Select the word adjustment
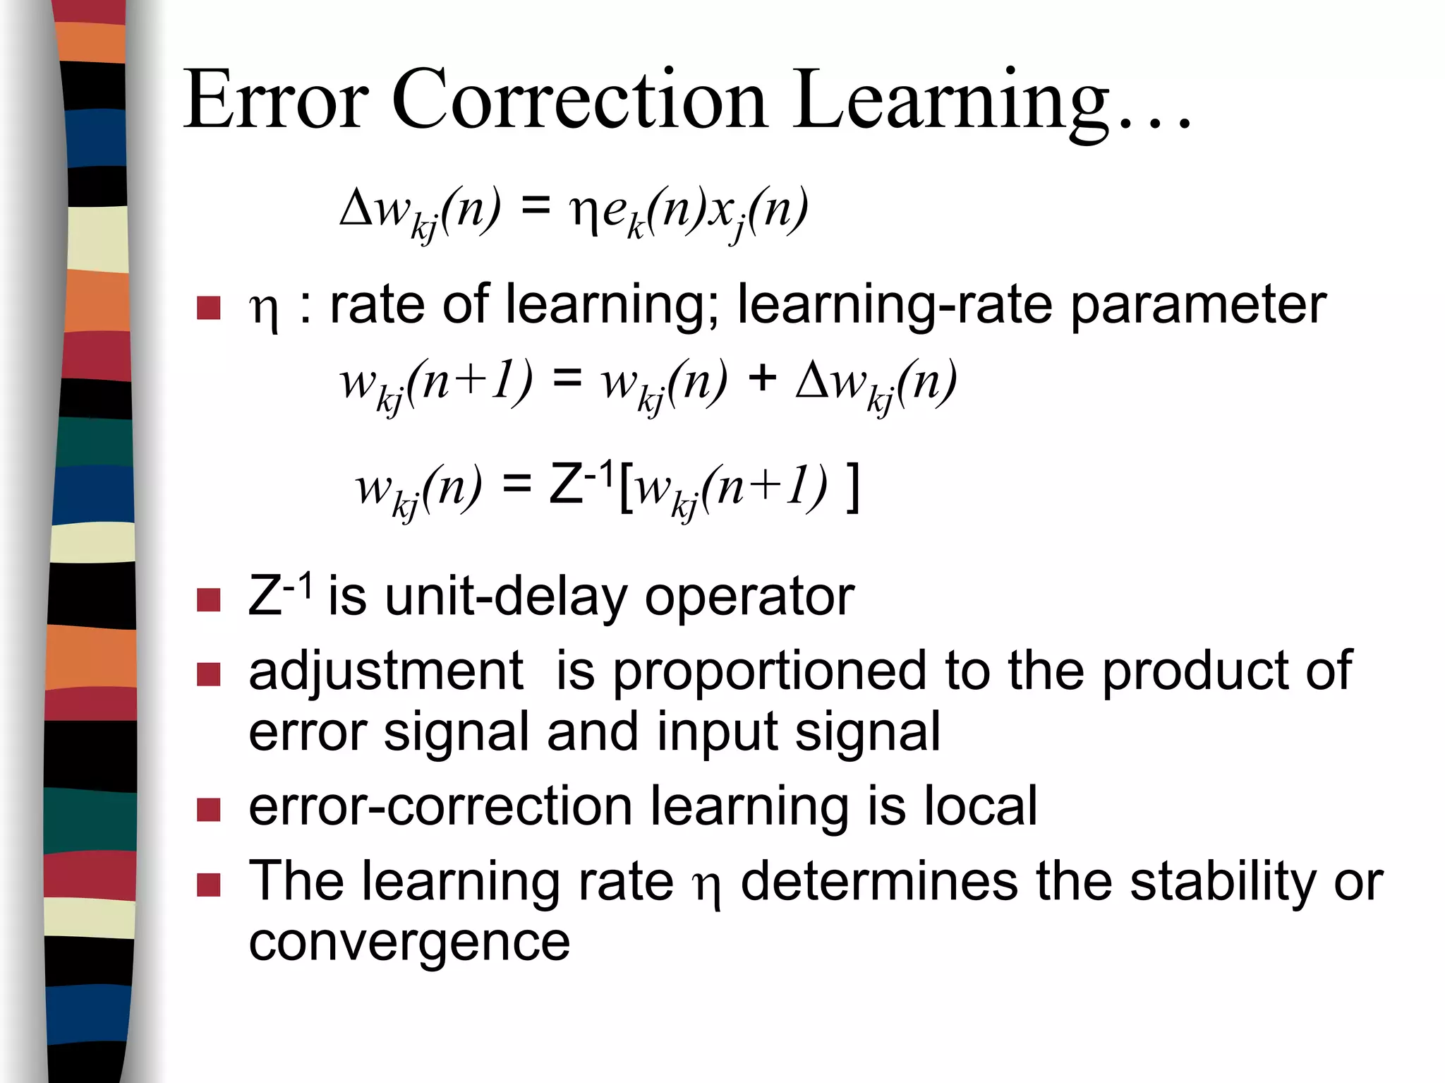[386, 673]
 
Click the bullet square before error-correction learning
[209, 810]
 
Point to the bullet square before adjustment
[209, 674]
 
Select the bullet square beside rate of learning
[209, 308]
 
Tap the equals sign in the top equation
[535, 207]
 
